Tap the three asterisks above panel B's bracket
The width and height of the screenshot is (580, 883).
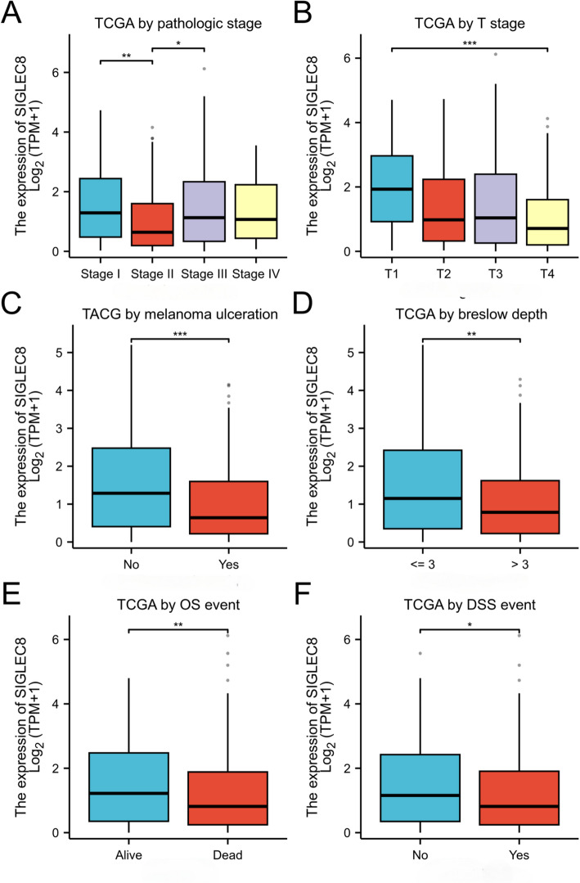point(457,43)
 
